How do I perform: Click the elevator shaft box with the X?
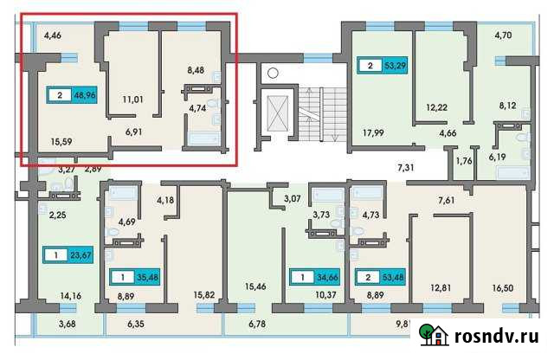pos(278,112)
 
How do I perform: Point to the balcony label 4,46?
pos(53,36)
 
